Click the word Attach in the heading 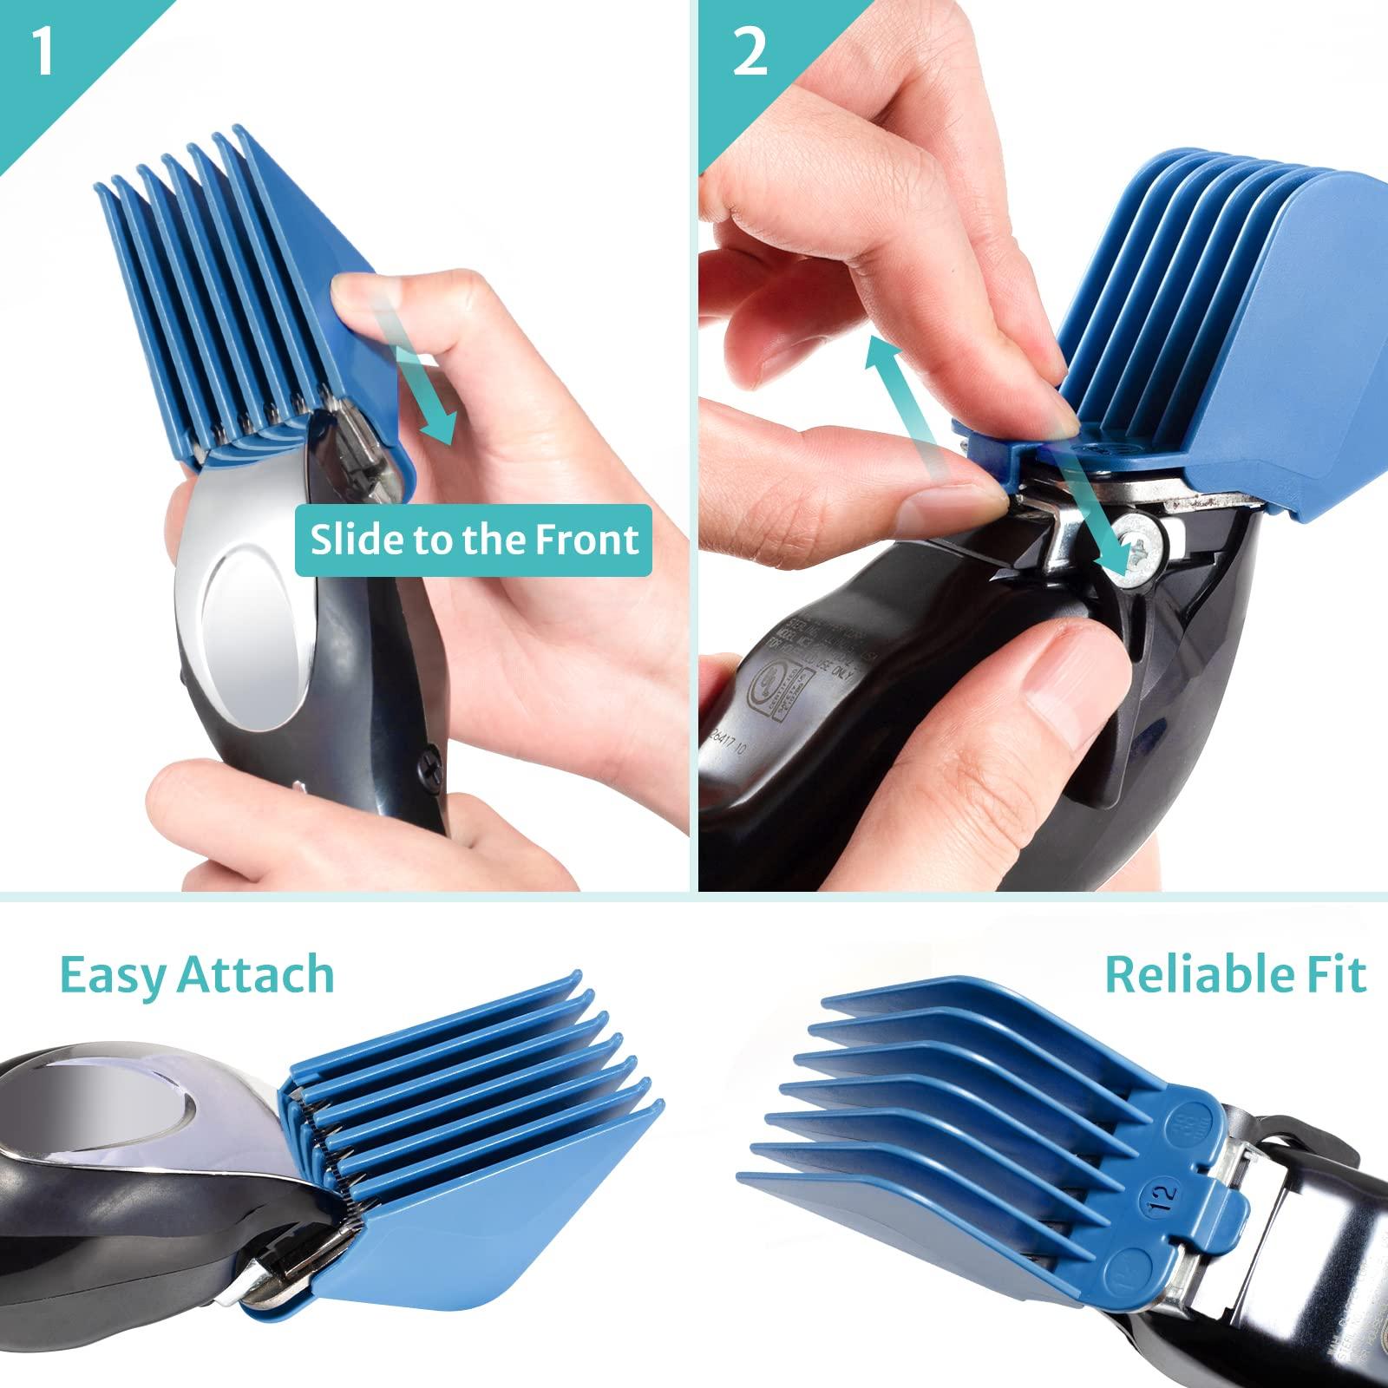tap(256, 975)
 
